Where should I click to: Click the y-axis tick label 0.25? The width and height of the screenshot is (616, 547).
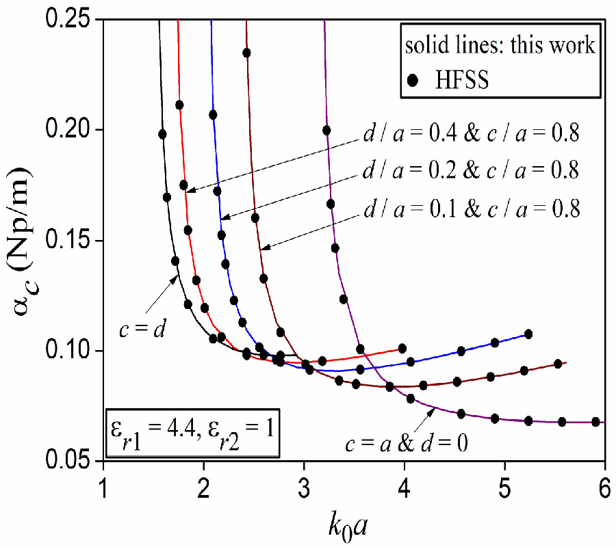point(70,21)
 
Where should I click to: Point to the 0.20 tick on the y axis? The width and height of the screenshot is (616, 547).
point(70,130)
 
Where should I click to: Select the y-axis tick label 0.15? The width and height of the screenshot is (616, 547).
point(70,241)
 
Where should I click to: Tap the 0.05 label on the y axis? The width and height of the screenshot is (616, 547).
point(70,462)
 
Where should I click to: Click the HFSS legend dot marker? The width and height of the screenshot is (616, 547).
point(412,80)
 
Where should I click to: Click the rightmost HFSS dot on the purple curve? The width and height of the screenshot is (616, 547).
point(595,422)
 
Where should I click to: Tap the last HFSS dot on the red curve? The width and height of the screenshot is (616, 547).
point(402,349)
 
